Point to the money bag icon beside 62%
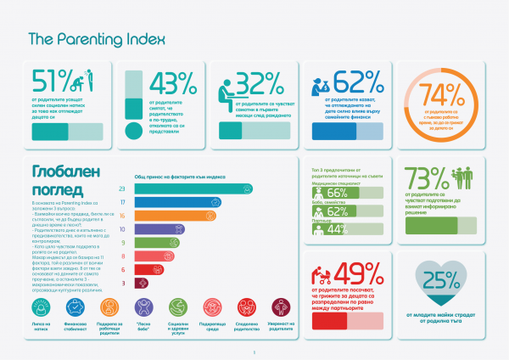[324, 83]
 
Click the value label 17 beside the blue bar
[123, 202]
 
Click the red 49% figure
[359, 275]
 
